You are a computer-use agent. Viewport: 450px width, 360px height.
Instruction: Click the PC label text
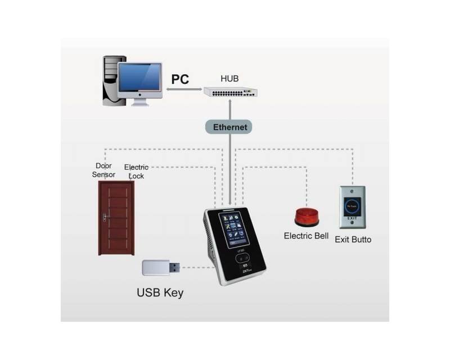[x=180, y=79]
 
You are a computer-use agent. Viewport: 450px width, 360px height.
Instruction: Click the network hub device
[x=231, y=92]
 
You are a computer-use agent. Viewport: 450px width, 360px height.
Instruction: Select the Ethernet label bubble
[x=230, y=127]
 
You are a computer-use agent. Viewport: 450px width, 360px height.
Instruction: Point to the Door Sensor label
[x=104, y=170]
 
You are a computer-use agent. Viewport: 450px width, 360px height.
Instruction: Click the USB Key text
[x=160, y=293]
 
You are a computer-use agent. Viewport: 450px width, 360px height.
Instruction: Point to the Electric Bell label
[x=306, y=236]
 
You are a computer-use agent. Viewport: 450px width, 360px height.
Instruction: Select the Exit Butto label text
[x=353, y=240]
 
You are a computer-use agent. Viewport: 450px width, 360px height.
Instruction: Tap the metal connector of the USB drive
[x=174, y=268]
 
